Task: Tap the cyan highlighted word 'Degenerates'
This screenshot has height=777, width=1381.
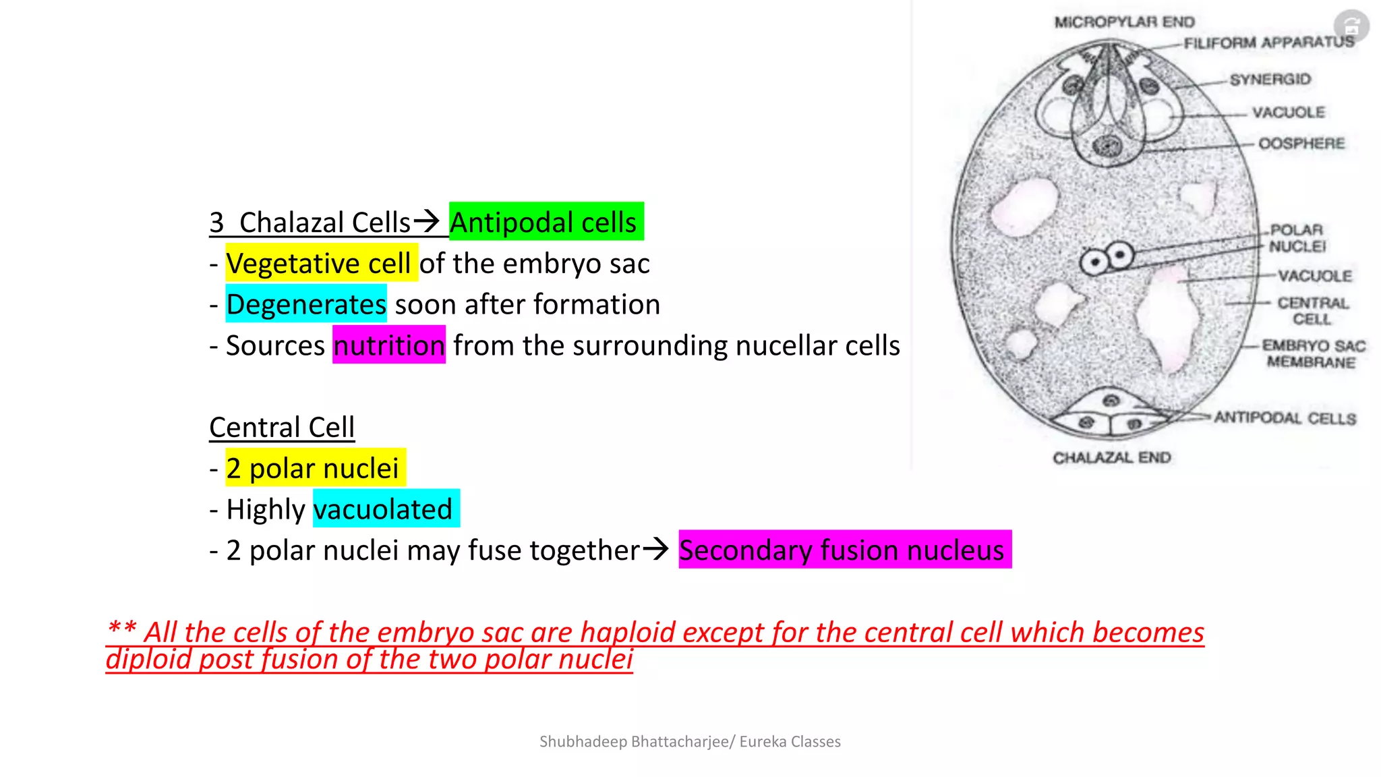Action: point(306,304)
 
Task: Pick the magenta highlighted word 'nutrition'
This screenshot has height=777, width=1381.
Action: point(389,345)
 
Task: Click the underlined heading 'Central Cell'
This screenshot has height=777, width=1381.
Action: point(282,428)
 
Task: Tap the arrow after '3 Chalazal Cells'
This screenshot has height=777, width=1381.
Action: point(426,220)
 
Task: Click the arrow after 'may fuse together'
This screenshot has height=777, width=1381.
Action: point(655,548)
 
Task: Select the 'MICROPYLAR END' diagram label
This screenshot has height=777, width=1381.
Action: point(1124,22)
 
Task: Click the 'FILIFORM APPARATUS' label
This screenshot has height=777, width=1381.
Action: point(1268,42)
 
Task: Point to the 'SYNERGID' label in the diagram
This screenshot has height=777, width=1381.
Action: point(1270,80)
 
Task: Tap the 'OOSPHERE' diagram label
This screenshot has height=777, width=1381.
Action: point(1301,143)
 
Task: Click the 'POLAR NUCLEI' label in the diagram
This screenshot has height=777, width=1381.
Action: point(1297,238)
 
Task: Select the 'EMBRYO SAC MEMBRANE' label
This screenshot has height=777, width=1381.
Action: point(1312,354)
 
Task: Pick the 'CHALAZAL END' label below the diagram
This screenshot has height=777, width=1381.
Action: point(1111,458)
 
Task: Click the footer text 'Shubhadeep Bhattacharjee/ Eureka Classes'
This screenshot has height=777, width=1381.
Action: point(690,742)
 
